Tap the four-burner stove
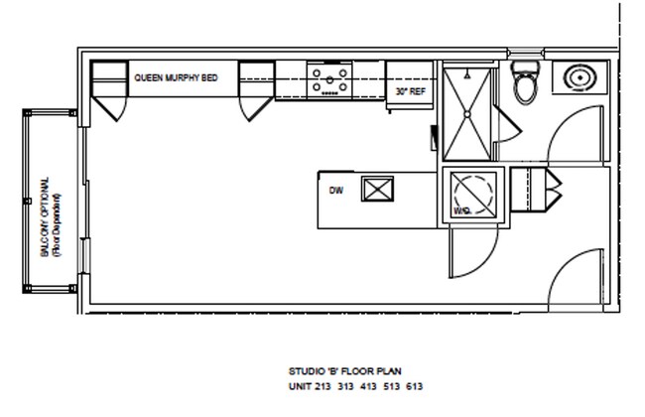[x=329, y=79]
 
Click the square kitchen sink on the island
[x=378, y=189]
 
